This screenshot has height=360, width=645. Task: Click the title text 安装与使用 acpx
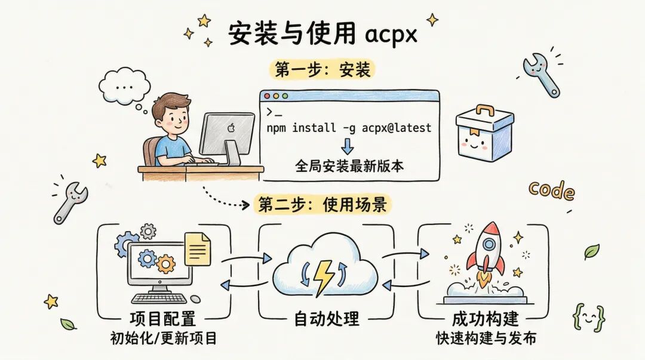[x=322, y=34]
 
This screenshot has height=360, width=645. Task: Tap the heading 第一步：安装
[x=322, y=69]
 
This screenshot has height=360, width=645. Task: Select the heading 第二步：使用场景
[x=322, y=205]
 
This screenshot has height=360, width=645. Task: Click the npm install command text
[x=349, y=128]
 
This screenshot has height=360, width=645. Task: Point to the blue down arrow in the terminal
[x=348, y=146]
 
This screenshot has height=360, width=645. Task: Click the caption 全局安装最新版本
[x=349, y=165]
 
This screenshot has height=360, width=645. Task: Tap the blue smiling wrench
[x=540, y=73]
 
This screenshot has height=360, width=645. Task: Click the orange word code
[x=551, y=191]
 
